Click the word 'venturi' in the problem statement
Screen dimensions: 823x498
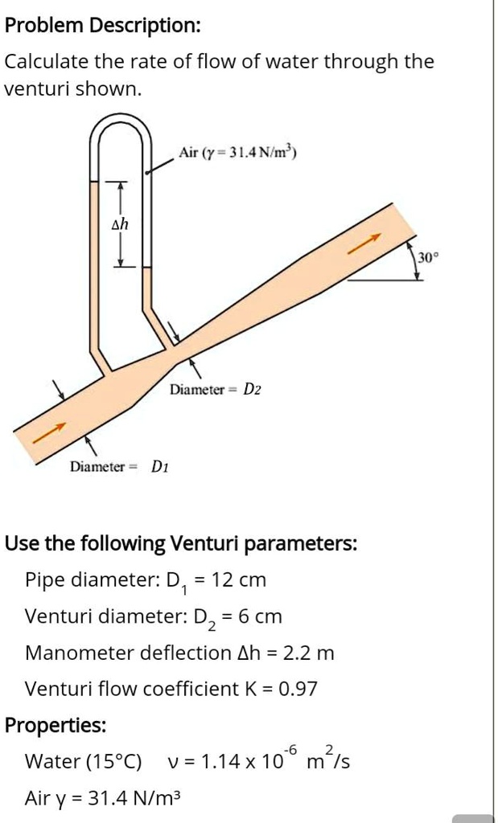pyautogui.click(x=33, y=88)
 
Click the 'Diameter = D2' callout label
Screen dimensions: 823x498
pyautogui.click(x=215, y=390)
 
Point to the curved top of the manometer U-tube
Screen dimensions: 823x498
pyautogui.click(x=120, y=125)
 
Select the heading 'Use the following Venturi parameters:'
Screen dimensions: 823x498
pyautogui.click(x=181, y=543)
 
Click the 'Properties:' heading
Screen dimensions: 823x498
pyautogui.click(x=56, y=725)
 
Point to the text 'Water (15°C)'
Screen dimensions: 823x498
pyautogui.click(x=83, y=761)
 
